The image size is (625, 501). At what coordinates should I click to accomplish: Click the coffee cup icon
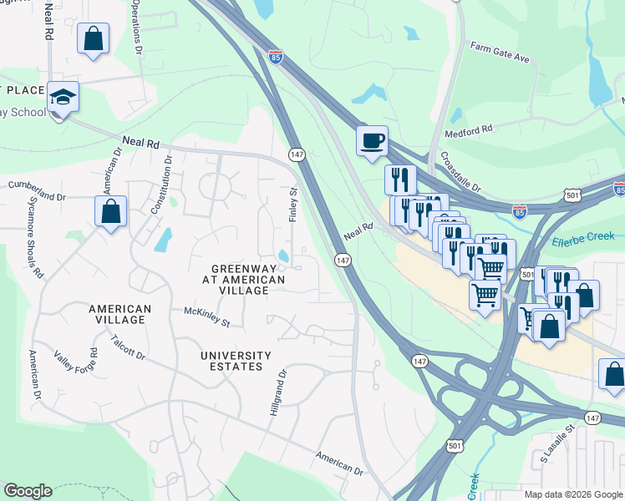(372, 140)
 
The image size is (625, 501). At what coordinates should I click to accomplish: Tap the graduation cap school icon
(63, 98)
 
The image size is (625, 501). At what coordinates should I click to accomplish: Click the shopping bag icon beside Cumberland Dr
(110, 212)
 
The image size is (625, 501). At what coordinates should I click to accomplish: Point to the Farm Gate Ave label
(501, 53)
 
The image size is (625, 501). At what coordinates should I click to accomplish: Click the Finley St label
(293, 204)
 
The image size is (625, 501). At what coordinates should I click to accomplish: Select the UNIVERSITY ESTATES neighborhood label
(236, 361)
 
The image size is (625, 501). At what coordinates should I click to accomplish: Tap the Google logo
(28, 491)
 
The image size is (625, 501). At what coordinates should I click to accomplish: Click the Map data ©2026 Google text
(572, 494)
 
